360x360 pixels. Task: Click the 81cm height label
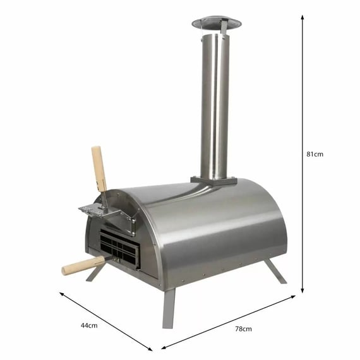pos(315,153)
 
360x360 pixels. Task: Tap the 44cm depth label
pos(88,325)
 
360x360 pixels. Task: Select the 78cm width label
pos(243,328)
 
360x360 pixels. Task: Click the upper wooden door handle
pos(99,167)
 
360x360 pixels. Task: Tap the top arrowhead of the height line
pos(303,18)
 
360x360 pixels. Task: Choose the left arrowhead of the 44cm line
pos(61,293)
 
